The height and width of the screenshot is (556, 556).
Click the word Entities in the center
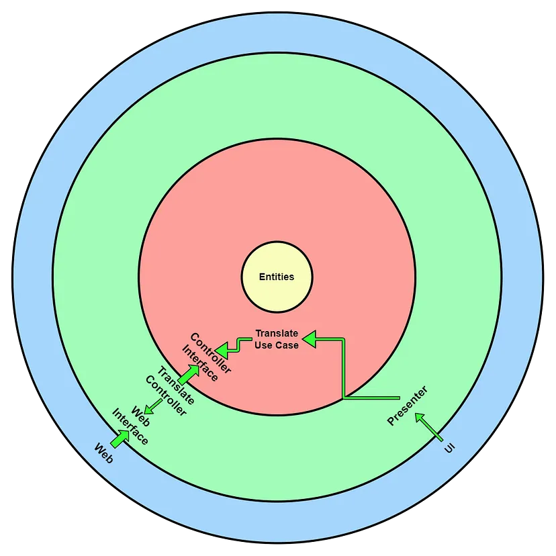277,277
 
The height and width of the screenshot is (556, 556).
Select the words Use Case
277,345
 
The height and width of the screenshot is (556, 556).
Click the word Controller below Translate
166,396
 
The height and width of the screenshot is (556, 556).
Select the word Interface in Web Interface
130,427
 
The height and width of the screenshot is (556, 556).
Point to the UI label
450,447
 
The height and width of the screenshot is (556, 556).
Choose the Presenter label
408,406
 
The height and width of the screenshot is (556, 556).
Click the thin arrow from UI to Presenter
429,427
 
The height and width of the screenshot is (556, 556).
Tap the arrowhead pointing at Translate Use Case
310,340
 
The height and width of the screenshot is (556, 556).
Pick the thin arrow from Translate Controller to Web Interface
154,406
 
